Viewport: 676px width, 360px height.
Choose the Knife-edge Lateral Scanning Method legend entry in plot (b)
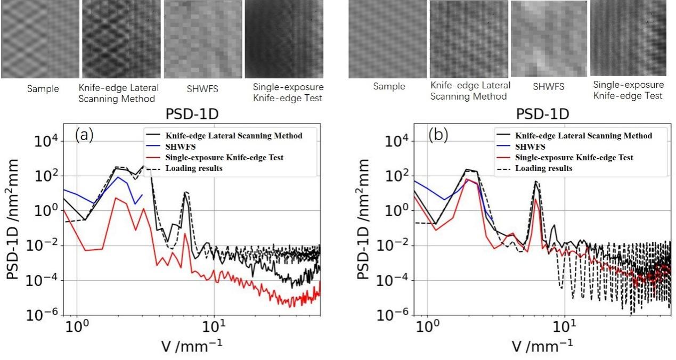(x=585, y=136)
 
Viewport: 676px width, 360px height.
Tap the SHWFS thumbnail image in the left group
(x=203, y=39)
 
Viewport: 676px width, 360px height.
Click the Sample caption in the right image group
(x=388, y=86)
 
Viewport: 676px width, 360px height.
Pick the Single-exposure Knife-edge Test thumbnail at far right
(x=629, y=38)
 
